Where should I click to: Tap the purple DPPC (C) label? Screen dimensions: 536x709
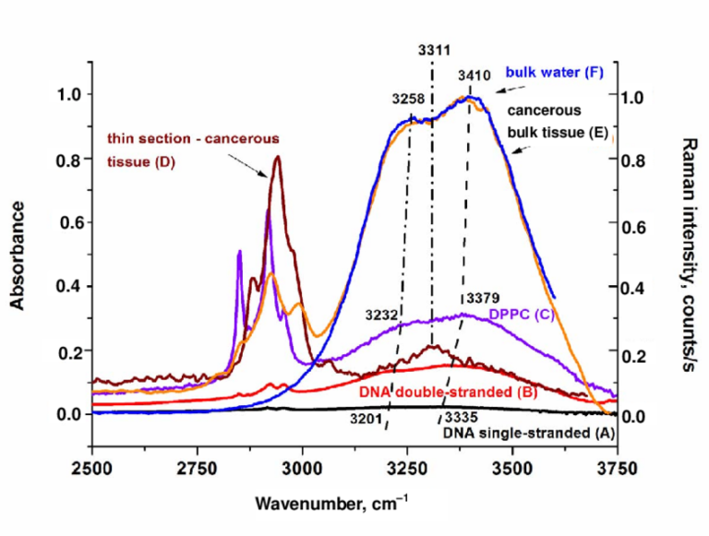click(533, 313)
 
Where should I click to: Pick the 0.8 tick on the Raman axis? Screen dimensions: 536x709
click(636, 161)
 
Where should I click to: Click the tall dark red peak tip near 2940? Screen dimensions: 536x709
click(276, 157)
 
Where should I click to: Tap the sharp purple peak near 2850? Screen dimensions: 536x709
click(239, 251)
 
